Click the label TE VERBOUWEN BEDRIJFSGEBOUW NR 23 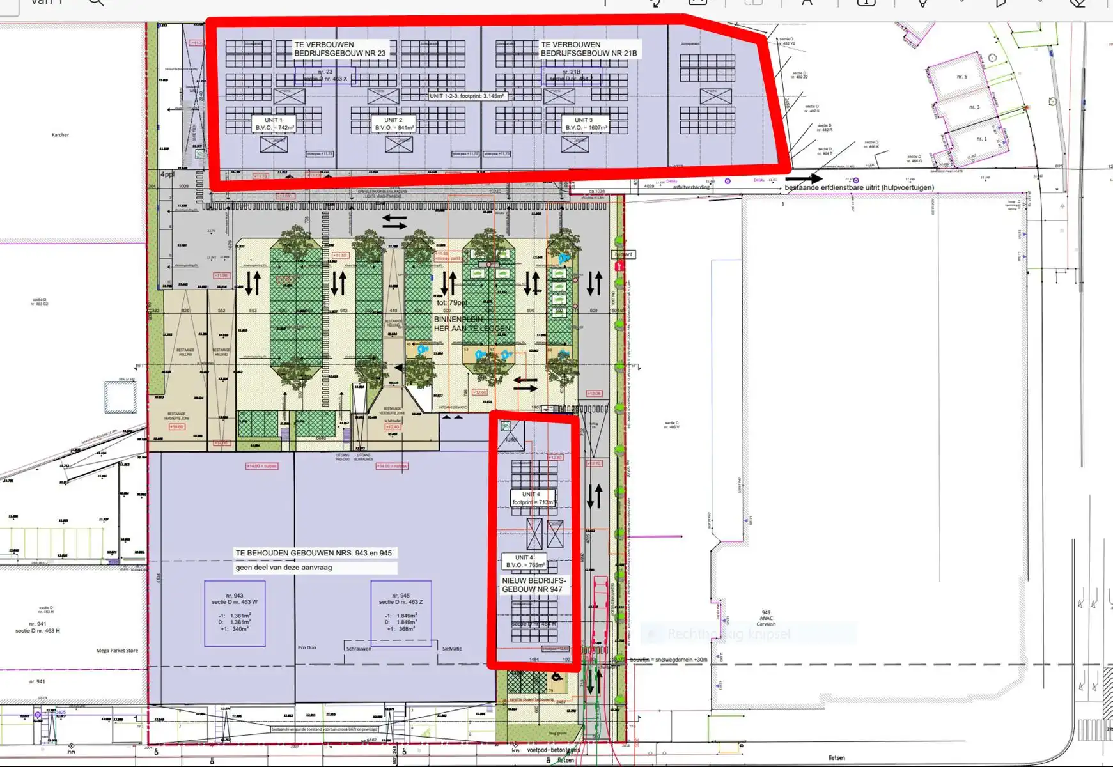(339, 49)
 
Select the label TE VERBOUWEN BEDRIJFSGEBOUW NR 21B (588, 49)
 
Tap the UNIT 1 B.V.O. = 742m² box (274, 124)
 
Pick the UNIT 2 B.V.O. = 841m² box (394, 124)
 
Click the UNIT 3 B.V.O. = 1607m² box (584, 124)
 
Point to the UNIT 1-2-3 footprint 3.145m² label (467, 96)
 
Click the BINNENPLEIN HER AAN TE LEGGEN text (472, 323)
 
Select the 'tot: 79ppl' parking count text (451, 302)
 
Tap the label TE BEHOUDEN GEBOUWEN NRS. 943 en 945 (313, 553)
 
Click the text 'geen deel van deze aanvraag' (284, 568)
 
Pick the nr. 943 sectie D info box (235, 614)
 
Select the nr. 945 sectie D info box (401, 614)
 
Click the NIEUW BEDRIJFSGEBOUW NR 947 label (533, 585)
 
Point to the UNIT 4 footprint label (533, 499)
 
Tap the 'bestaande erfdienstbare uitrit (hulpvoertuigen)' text (859, 188)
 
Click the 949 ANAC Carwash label (766, 618)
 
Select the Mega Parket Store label (117, 651)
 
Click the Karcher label (60, 135)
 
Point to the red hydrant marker (619, 265)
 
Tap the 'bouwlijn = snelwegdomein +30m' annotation (669, 660)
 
